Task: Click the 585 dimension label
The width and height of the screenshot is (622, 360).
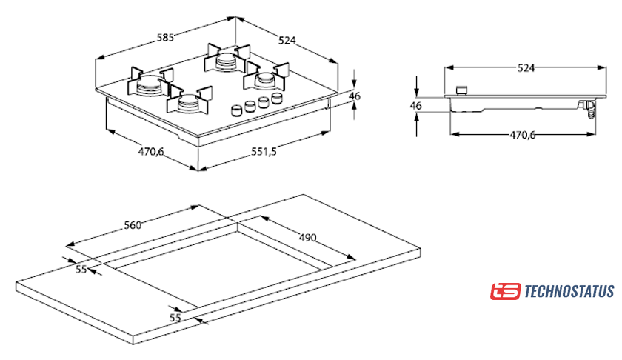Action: tap(165, 38)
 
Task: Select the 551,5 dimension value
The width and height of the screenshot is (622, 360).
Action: tap(264, 152)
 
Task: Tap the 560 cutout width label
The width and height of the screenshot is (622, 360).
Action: tap(133, 225)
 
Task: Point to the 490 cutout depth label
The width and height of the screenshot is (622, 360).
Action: tap(308, 238)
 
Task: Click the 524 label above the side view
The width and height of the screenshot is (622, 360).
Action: tap(526, 68)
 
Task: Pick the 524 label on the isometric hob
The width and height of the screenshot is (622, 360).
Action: tap(287, 40)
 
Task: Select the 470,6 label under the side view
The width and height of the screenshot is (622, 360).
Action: tap(523, 135)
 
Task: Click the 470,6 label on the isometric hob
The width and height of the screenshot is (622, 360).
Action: tap(151, 152)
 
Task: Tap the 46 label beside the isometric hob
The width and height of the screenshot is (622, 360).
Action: tap(355, 96)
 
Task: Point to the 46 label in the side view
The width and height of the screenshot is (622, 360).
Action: tap(415, 106)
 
